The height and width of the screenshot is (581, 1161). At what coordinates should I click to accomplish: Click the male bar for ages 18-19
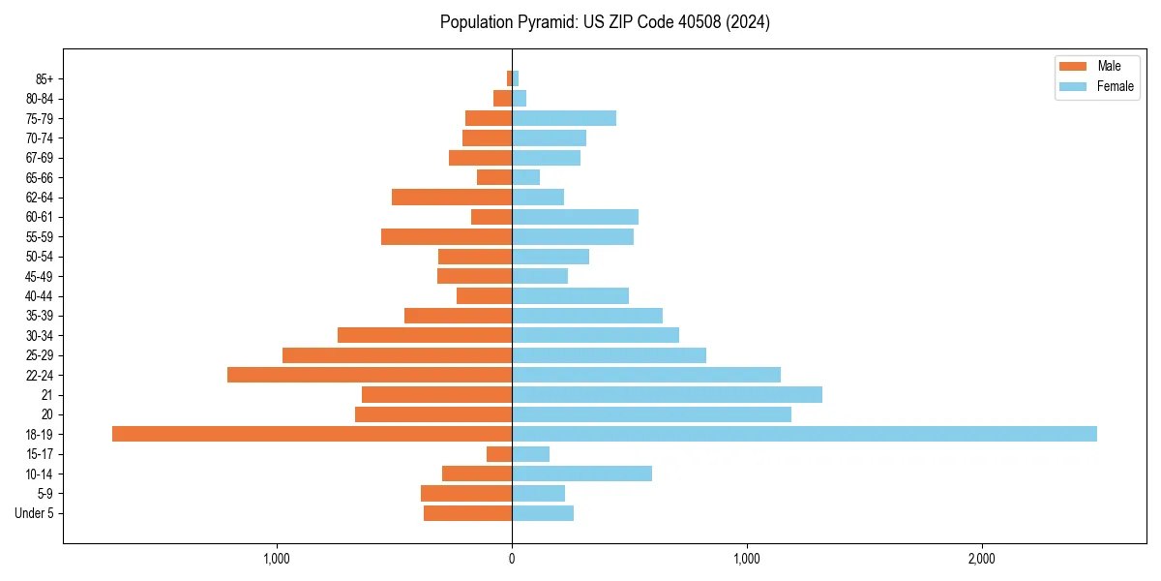point(312,434)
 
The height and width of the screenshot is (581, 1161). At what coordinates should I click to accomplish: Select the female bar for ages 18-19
point(804,434)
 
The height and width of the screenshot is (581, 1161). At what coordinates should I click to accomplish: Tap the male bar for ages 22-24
point(370,375)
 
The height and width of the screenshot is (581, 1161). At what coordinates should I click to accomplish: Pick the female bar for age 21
point(667,394)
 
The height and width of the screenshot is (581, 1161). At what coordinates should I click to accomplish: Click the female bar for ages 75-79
point(564,118)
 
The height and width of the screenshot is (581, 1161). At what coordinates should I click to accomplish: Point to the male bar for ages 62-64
point(452,197)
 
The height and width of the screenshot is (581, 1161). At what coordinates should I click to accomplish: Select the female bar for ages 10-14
point(581,474)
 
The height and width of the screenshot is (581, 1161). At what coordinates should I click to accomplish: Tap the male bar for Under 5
point(467,513)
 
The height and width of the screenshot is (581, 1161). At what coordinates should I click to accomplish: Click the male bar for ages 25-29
point(397,355)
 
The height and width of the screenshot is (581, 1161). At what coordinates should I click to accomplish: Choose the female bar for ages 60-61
point(575,217)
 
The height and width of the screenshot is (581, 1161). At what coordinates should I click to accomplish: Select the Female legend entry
point(1103,86)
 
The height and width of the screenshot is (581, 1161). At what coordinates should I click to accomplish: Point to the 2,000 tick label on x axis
point(981,559)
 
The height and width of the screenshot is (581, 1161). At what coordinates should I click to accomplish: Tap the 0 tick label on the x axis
point(512,559)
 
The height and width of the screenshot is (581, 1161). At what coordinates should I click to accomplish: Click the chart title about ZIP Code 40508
point(605,22)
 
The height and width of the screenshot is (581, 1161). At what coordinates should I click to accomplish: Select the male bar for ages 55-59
point(446,236)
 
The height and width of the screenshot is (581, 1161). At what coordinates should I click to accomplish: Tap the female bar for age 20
point(651,414)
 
